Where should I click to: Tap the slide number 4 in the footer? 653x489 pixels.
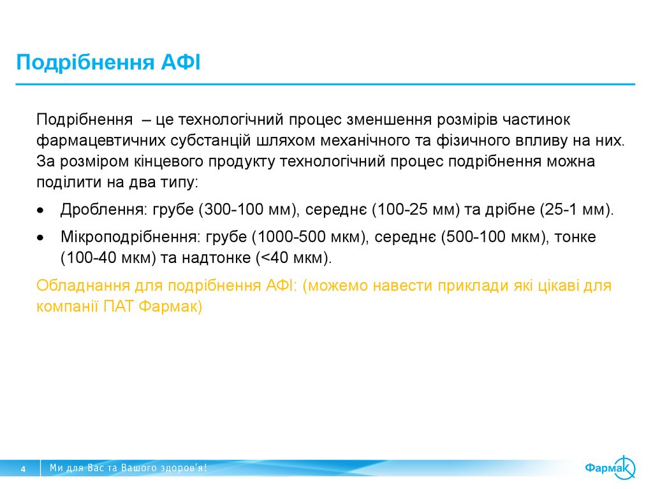tap(24, 469)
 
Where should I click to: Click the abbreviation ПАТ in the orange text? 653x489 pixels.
tap(118, 306)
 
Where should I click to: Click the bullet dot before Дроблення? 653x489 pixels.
tap(41, 210)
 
